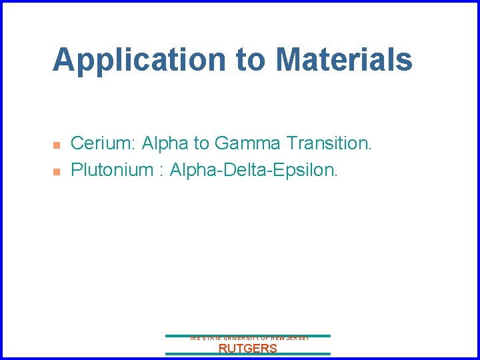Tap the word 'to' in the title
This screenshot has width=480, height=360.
[x=251, y=60]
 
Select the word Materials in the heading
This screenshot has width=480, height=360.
[x=344, y=60]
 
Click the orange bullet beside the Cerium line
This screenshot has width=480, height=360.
[x=57, y=145]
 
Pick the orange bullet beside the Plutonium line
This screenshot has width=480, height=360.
[x=57, y=171]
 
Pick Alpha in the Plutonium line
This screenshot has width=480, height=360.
[x=192, y=170]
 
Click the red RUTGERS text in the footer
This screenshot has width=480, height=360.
[x=248, y=348]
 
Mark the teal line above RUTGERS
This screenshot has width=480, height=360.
[x=248, y=335]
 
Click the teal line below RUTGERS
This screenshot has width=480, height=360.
[x=248, y=354]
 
